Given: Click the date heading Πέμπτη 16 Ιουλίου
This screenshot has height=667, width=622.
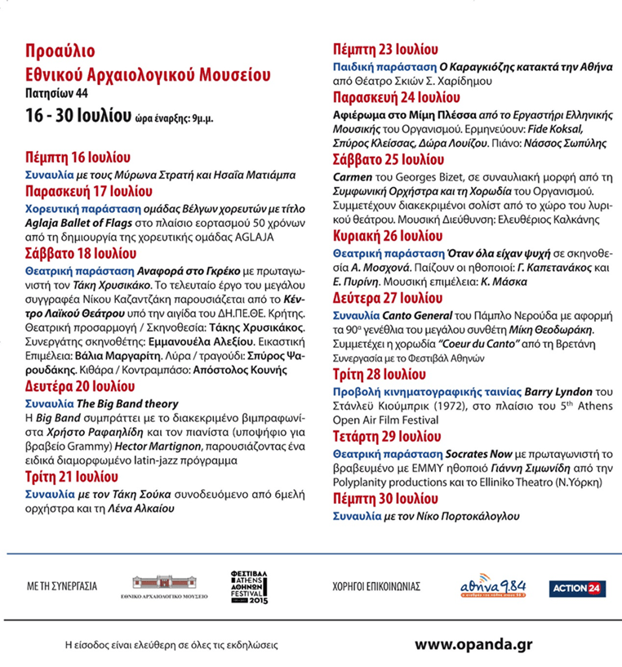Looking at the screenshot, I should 78,157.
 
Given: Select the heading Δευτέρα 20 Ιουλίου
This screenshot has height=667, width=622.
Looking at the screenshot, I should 79,386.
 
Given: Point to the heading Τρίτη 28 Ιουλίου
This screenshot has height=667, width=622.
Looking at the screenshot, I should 380,375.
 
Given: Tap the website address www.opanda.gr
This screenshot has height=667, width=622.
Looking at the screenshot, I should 475,643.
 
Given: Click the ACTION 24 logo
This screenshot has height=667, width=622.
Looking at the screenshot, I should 577,588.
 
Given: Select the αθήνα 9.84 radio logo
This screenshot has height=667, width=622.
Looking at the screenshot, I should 493,586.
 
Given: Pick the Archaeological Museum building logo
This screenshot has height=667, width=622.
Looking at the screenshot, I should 170,586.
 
